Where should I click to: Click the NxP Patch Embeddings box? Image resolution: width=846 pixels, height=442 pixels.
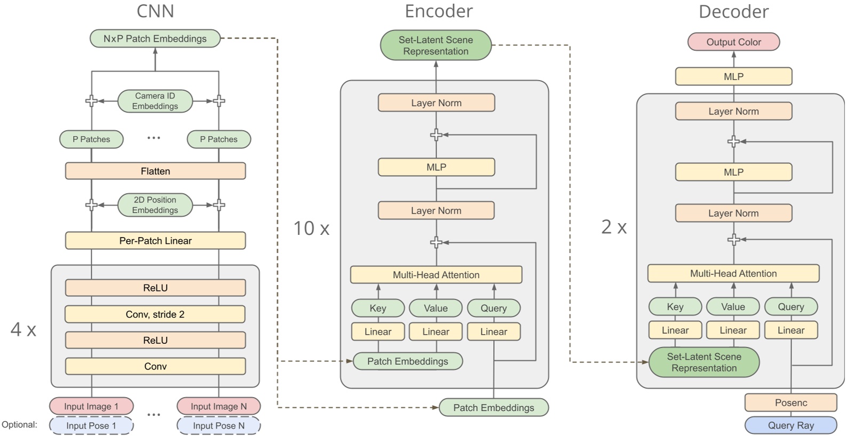(x=155, y=38)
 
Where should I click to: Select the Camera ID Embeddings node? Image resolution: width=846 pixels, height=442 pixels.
(x=155, y=101)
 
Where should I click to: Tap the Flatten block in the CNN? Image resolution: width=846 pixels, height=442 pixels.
(x=155, y=171)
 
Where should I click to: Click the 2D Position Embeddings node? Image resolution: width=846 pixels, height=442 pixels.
(x=155, y=205)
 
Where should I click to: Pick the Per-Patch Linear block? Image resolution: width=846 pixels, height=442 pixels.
(x=155, y=241)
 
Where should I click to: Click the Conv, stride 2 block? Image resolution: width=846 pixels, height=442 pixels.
(x=155, y=314)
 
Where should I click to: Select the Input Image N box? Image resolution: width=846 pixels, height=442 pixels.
(x=219, y=406)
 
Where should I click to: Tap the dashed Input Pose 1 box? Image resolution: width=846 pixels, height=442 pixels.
(x=91, y=425)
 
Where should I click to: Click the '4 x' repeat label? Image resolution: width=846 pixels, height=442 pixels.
(x=23, y=329)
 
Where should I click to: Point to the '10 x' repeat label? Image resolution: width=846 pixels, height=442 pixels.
(x=311, y=228)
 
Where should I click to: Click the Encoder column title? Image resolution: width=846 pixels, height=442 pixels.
(x=438, y=11)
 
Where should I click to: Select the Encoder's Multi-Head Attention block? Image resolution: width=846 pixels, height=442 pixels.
(x=436, y=275)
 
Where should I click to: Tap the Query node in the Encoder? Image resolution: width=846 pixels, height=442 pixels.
(x=494, y=308)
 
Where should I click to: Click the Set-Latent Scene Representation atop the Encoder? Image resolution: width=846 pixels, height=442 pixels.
(x=436, y=45)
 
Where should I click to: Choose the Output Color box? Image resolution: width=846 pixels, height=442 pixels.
(x=733, y=42)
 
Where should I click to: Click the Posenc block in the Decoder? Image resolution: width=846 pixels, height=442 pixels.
(x=790, y=402)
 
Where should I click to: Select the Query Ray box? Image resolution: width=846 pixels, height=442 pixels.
(x=790, y=425)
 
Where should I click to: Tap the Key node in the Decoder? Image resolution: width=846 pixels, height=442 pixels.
(x=675, y=307)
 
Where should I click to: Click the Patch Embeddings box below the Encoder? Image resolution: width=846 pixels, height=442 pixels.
(x=493, y=408)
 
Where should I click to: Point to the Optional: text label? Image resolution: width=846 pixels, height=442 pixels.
(x=20, y=425)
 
